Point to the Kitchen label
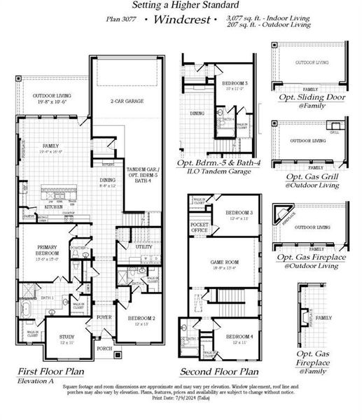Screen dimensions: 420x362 pyautogui.click(x=54, y=207)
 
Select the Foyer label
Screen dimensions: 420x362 pyautogui.click(x=104, y=317)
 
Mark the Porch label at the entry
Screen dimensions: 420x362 pyautogui.click(x=104, y=348)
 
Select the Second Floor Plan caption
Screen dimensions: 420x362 pyautogui.click(x=219, y=372)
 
